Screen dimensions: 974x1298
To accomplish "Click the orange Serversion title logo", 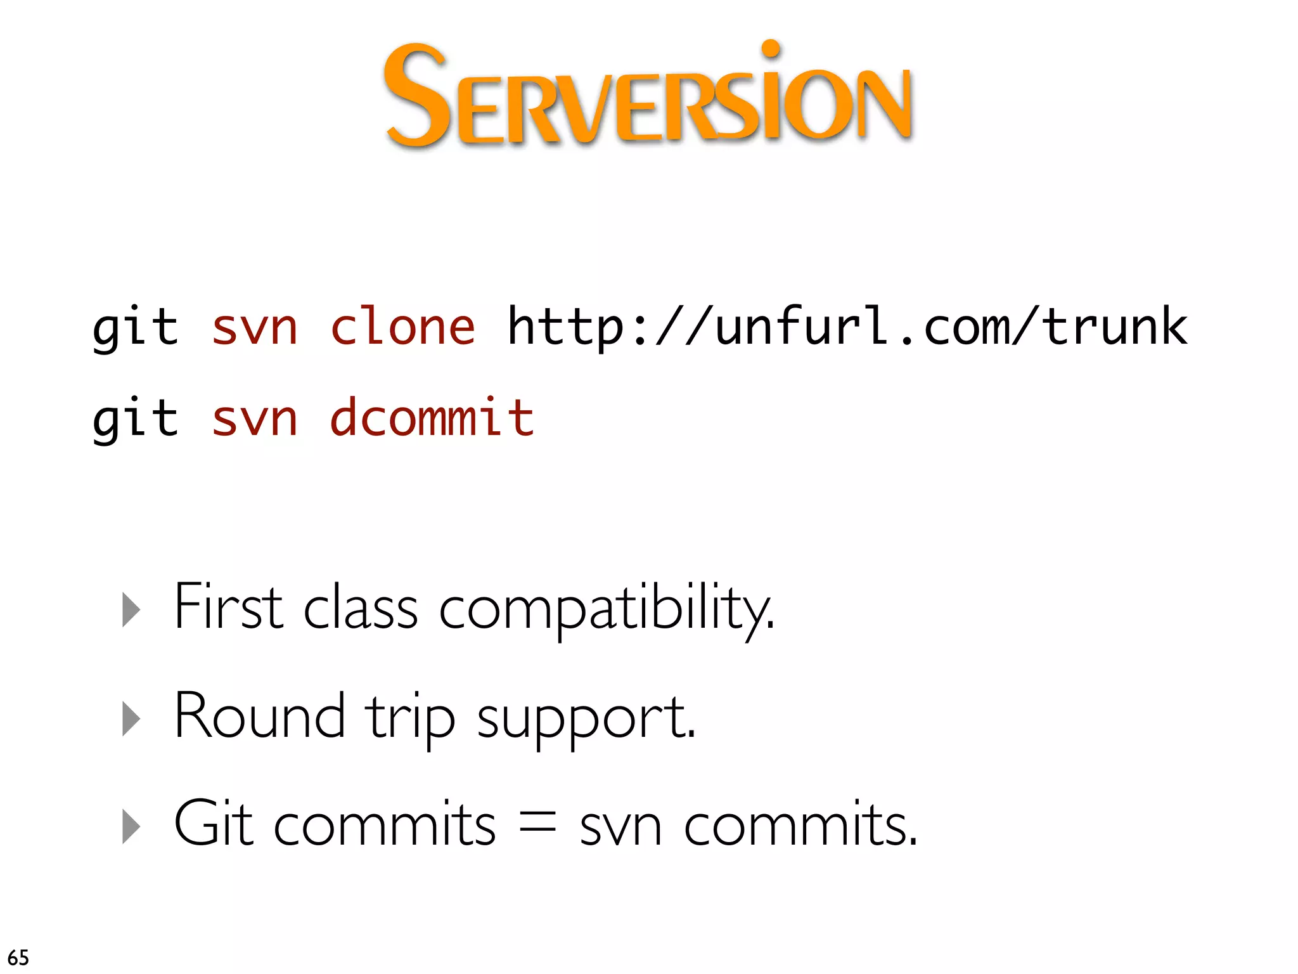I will click(648, 95).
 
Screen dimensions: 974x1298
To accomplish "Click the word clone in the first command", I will click(403, 327).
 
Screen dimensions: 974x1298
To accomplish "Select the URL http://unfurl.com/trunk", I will click(847, 327).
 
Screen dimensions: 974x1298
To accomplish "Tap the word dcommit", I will click(432, 419).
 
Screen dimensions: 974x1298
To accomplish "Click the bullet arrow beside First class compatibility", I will click(131, 610).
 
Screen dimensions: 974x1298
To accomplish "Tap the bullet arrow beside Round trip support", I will click(131, 719).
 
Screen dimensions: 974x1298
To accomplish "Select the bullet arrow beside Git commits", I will click(131, 827).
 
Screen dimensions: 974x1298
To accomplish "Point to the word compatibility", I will click(606, 610).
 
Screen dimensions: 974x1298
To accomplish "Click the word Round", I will click(259, 716).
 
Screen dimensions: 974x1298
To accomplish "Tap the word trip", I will click(410, 718).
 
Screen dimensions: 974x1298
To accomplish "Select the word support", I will click(586, 720).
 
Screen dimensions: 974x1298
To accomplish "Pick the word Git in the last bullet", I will click(214, 824).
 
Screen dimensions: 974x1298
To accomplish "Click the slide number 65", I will click(18, 957).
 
